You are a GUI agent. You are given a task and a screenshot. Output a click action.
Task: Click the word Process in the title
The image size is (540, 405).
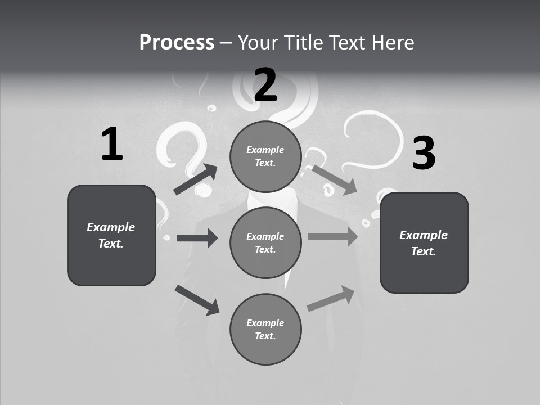pyautogui.click(x=177, y=42)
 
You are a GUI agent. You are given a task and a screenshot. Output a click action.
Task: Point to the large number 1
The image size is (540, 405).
pyautogui.click(x=112, y=145)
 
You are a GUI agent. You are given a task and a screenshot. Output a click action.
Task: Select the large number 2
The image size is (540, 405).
pyautogui.click(x=265, y=85)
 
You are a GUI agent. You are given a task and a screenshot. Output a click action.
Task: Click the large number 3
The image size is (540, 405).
pyautogui.click(x=424, y=153)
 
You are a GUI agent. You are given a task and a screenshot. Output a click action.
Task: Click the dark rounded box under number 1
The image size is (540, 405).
pyautogui.click(x=111, y=235)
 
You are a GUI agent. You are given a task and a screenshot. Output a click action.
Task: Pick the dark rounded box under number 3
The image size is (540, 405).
pyautogui.click(x=424, y=242)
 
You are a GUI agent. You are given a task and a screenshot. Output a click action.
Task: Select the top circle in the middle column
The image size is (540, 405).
pyautogui.click(x=265, y=156)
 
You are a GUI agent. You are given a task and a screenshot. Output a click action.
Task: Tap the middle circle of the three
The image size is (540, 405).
pyautogui.click(x=265, y=242)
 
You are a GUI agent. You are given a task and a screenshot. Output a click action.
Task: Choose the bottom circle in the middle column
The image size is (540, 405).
pyautogui.click(x=265, y=329)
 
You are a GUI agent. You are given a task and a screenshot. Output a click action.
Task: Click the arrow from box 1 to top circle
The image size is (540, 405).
pyautogui.click(x=196, y=179)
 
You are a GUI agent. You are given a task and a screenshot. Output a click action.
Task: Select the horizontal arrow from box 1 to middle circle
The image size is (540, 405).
pyautogui.click(x=197, y=238)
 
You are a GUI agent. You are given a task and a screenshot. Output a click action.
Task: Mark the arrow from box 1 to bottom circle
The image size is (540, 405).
pyautogui.click(x=197, y=300)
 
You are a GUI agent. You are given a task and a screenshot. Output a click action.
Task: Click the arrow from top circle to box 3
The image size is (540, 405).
pyautogui.click(x=334, y=179)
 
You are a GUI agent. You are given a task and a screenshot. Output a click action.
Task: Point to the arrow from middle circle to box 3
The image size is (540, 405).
pyautogui.click(x=333, y=237)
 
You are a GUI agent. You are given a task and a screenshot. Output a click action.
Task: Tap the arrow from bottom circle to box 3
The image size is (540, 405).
pyautogui.click(x=331, y=299)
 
